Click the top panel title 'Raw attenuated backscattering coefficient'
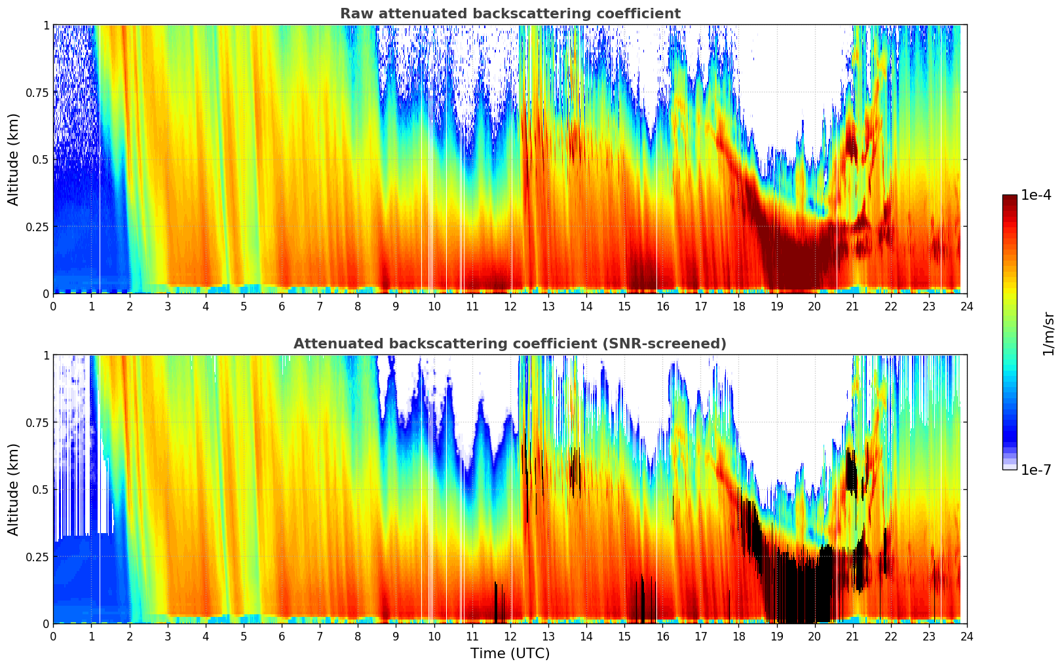pos(510,14)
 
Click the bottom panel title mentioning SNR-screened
pos(510,344)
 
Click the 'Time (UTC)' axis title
pos(510,654)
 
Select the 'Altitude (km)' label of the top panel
pos(14,159)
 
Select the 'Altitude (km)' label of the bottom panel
pos(14,489)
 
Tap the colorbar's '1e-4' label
pos(1036,195)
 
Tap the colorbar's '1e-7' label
pos(1036,470)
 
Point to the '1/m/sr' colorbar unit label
pos(1048,333)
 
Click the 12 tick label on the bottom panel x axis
pos(510,637)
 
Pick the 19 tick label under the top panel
pos(776,306)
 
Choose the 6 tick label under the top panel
pos(282,306)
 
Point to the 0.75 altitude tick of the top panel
pos(37,92)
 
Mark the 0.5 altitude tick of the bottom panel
pos(41,489)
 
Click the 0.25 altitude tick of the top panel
pos(37,227)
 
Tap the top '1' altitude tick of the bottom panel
pos(46,356)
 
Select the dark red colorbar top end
pos(1010,198)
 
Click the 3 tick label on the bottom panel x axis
pos(168,637)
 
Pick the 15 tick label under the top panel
pos(624,306)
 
